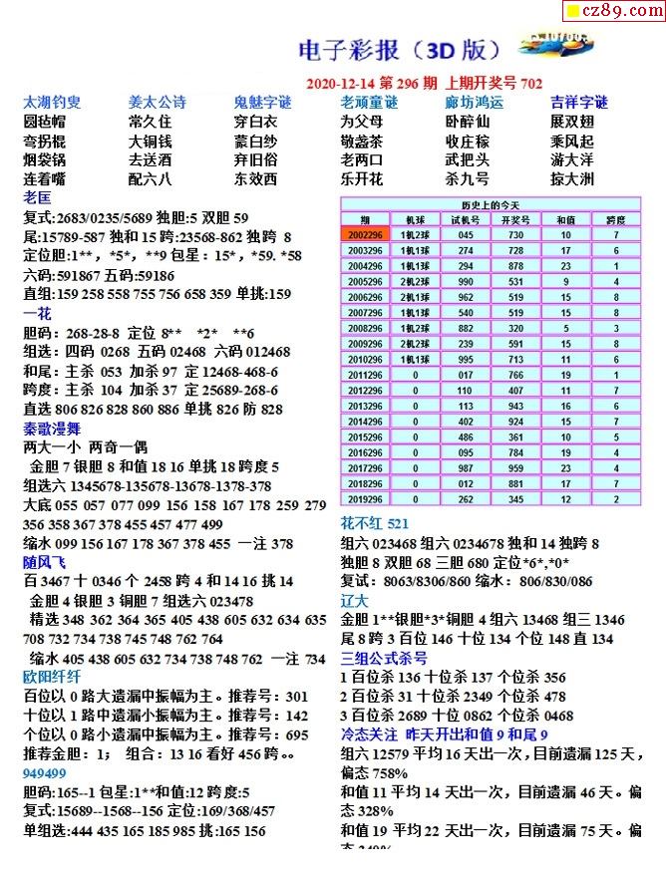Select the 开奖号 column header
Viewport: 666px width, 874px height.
click(515, 220)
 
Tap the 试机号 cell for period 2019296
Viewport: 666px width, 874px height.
click(465, 498)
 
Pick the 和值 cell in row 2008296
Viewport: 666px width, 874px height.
click(565, 327)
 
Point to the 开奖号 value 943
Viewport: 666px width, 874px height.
click(515, 407)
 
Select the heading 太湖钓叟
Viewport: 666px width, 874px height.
click(52, 102)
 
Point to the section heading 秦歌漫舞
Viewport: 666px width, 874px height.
click(52, 429)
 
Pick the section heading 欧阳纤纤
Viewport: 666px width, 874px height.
click(52, 675)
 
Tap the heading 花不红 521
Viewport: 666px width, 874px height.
click(375, 523)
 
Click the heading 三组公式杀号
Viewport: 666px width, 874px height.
click(385, 658)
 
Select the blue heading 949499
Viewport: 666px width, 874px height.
click(45, 772)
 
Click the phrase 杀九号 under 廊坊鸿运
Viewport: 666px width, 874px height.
click(467, 179)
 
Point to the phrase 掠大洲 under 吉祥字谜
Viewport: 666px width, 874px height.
click(572, 179)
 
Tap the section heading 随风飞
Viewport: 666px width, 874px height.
click(45, 561)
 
